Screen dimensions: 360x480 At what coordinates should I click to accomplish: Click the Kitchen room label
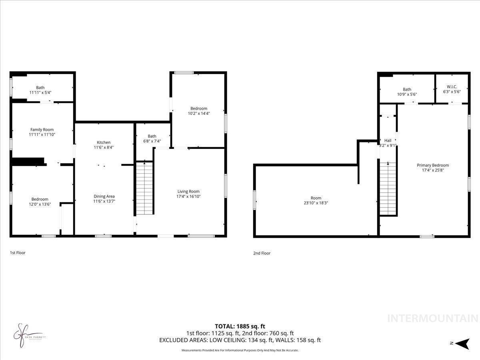pos(104,142)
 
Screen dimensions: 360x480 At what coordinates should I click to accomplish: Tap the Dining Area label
pos(104,196)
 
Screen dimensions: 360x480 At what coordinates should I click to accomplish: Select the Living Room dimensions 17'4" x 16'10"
pos(188,196)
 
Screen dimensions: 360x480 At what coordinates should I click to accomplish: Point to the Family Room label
pos(42,130)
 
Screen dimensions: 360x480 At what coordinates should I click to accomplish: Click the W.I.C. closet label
pos(452,87)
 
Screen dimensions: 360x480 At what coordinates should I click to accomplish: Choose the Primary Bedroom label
pos(433,165)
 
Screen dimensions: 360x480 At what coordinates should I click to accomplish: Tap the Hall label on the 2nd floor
pos(388,140)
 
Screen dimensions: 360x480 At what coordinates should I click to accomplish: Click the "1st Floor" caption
pos(18,253)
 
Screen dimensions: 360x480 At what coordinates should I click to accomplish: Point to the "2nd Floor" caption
pos(262,253)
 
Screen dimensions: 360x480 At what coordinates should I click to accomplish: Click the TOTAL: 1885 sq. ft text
pos(240,326)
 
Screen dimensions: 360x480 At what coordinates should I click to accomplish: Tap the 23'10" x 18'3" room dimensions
pos(316,203)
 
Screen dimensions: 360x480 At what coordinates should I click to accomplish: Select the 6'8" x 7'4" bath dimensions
pos(152,141)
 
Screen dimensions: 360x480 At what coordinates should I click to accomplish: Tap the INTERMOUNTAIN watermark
pos(433,318)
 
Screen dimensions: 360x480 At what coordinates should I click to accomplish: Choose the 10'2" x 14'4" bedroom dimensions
pos(199,113)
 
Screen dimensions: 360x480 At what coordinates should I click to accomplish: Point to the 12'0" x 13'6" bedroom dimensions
pos(40,204)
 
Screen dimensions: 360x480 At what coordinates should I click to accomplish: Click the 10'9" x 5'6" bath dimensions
pos(407,94)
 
